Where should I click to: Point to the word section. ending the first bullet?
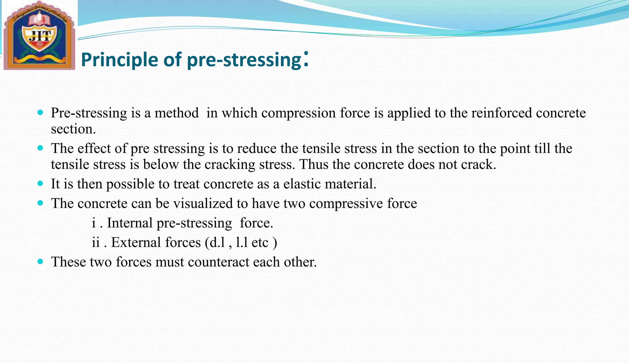tap(73, 129)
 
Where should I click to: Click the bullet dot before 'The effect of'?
tap(40, 148)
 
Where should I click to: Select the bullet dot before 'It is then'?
tap(40, 184)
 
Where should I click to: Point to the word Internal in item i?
tap(130, 223)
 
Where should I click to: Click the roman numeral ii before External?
tap(96, 243)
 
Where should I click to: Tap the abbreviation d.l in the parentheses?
tap(217, 243)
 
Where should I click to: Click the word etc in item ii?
tap(260, 243)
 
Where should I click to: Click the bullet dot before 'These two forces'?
tap(40, 262)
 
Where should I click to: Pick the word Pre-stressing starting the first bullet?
tap(89, 113)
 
